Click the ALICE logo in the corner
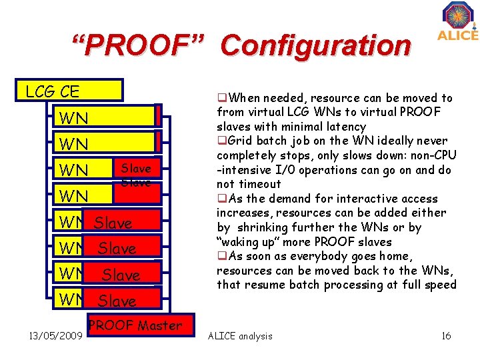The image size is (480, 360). tap(457, 21)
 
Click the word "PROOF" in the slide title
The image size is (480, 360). tap(138, 47)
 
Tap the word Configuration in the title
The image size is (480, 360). tap(316, 47)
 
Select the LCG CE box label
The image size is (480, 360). tap(52, 91)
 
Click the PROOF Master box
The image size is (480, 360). tap(135, 326)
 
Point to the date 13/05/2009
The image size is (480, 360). tap(46, 335)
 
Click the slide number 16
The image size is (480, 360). tap(446, 336)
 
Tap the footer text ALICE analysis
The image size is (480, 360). tap(241, 336)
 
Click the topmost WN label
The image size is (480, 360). tap(73, 119)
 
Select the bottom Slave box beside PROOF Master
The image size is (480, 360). tap(117, 301)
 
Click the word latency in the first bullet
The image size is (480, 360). tap(347, 127)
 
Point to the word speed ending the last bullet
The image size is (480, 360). tap(441, 285)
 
